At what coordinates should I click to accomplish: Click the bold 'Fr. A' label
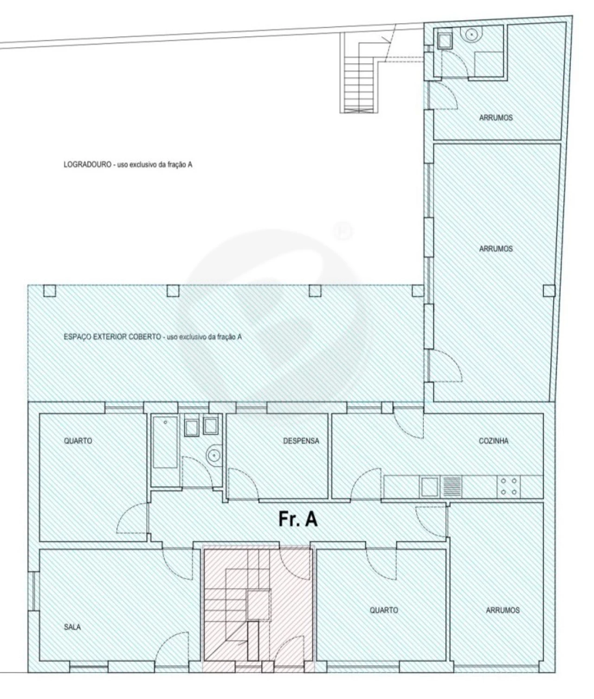pos(298,519)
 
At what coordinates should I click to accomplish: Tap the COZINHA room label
pos(493,441)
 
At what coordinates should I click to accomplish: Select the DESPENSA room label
pos(301,441)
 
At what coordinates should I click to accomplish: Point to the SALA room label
pos(72,627)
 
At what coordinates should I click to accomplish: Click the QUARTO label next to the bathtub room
pos(78,441)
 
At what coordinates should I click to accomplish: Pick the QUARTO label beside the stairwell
pos(384,610)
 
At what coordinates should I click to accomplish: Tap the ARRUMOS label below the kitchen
pos(503,610)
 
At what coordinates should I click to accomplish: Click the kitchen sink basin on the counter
pos(430,486)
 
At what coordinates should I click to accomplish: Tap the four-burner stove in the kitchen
pos(508,486)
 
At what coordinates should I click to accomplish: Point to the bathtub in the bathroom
pos(165,443)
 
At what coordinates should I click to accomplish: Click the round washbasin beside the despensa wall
pos(214,454)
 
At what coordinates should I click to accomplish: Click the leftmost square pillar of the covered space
pos(49,291)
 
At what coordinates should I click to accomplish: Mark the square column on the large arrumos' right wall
pos(549,291)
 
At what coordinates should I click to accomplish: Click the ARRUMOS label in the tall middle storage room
pos(496,249)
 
